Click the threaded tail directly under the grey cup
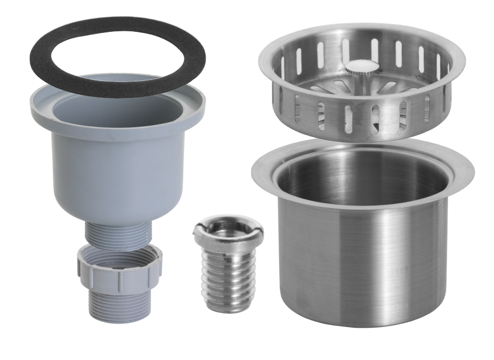pyautogui.click(x=117, y=233)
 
